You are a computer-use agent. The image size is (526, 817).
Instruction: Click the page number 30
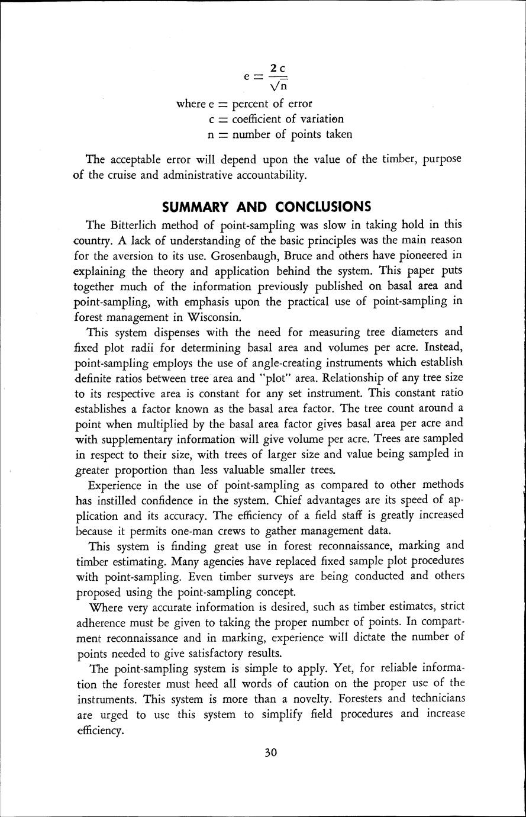[x=271, y=753]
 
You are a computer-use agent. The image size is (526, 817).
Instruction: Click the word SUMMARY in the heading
[x=195, y=207]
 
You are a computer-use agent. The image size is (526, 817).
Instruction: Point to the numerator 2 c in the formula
[x=278, y=70]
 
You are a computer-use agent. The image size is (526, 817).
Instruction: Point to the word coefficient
[x=262, y=119]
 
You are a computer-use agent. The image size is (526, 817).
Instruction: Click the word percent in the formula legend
[x=250, y=104]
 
